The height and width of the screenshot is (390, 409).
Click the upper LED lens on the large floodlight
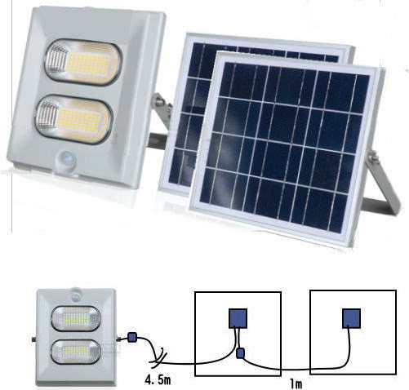coord(82,62)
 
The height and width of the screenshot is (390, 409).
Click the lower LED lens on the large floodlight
coord(73,119)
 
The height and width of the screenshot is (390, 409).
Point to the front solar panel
coord(287,149)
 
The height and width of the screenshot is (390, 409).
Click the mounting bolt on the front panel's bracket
coord(374,157)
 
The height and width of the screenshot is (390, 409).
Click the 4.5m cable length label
coord(158,379)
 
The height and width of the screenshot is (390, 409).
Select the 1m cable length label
coord(296,384)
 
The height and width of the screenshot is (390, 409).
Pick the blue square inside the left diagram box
coord(238,318)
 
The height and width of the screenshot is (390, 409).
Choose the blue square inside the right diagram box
coord(351,318)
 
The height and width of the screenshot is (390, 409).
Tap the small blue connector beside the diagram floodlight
coord(131,337)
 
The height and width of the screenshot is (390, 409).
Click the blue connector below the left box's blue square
coord(240,353)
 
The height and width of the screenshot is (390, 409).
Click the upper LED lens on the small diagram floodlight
coord(76,318)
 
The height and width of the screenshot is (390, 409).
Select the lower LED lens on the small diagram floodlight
coord(75,352)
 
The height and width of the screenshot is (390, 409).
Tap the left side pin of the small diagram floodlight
coord(34,339)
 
